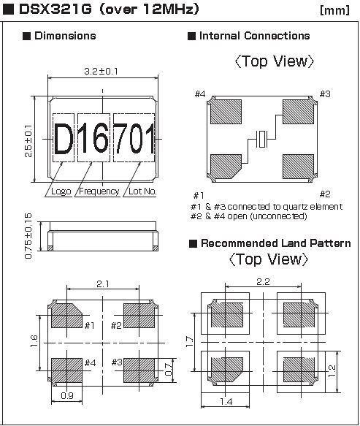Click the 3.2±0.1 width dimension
[101, 71]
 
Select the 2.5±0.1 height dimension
[28, 141]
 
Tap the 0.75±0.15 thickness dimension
[28, 236]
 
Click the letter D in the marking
[64, 139]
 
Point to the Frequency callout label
[99, 191]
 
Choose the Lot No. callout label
[142, 191]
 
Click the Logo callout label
[61, 191]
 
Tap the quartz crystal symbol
[261, 139]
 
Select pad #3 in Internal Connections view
[299, 111]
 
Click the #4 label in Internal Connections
[200, 94]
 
